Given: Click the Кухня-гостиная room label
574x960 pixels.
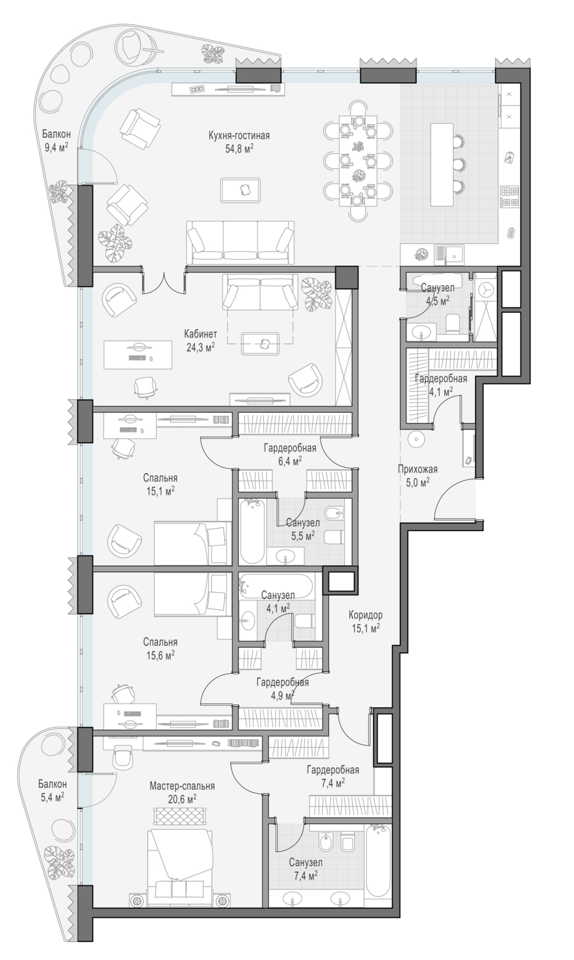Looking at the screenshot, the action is click(x=239, y=136).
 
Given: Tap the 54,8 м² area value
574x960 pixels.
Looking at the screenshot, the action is click(x=239, y=148).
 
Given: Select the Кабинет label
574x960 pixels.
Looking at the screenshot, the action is click(x=200, y=334).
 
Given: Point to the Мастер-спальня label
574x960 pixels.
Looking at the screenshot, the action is click(x=182, y=786).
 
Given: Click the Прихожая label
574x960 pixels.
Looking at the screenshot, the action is click(x=418, y=469).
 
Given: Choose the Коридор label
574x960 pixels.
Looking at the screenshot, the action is click(x=365, y=616).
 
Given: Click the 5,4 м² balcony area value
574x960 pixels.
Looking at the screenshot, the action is click(x=52, y=797).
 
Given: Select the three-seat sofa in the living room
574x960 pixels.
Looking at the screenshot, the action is click(x=241, y=243).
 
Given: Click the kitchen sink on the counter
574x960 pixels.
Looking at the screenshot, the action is click(x=449, y=254).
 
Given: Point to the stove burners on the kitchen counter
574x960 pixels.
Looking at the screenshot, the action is click(x=509, y=196).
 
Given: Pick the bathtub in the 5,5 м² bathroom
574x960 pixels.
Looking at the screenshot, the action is click(x=252, y=531).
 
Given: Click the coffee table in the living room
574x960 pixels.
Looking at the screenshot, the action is click(x=241, y=189).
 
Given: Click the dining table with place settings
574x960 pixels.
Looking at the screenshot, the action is click(x=358, y=161).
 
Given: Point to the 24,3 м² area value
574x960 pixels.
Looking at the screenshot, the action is click(x=200, y=347).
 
